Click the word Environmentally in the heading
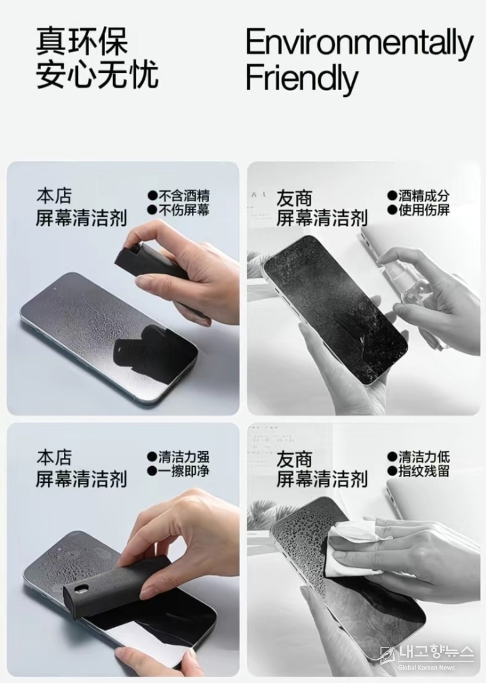click(x=360, y=44)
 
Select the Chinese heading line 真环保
click(x=82, y=41)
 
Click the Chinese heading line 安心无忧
click(x=96, y=74)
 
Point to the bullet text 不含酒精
click(x=183, y=195)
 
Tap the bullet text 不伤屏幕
click(x=183, y=210)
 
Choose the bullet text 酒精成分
click(x=424, y=195)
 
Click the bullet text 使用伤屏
click(x=424, y=210)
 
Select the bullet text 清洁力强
click(x=183, y=456)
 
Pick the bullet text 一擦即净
click(x=183, y=471)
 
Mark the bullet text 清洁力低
click(x=424, y=456)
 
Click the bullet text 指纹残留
click(x=424, y=471)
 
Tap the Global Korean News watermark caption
click(x=426, y=667)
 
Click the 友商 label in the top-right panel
click(x=294, y=198)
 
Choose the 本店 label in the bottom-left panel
click(x=54, y=458)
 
